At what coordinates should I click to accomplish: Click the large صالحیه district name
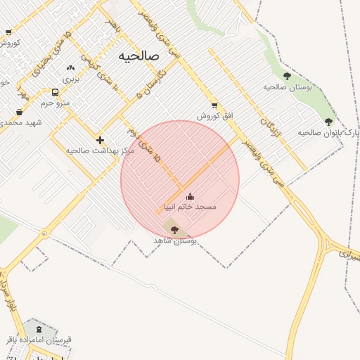point(139,56)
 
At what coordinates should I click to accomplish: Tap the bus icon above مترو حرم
point(56,92)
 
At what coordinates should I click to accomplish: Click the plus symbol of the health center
point(100,140)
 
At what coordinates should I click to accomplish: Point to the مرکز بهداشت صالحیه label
point(91,150)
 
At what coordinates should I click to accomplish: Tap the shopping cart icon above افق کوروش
point(214,105)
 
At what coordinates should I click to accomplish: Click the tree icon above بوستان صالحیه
point(287,76)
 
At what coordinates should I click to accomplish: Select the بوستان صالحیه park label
point(288,86)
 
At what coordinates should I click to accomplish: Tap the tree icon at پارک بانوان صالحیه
point(328,122)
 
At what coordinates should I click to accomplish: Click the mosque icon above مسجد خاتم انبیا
point(189,196)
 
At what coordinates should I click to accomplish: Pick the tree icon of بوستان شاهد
point(174,229)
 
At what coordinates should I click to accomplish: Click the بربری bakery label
point(72,79)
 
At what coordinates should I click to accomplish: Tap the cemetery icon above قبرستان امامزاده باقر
point(38,328)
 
